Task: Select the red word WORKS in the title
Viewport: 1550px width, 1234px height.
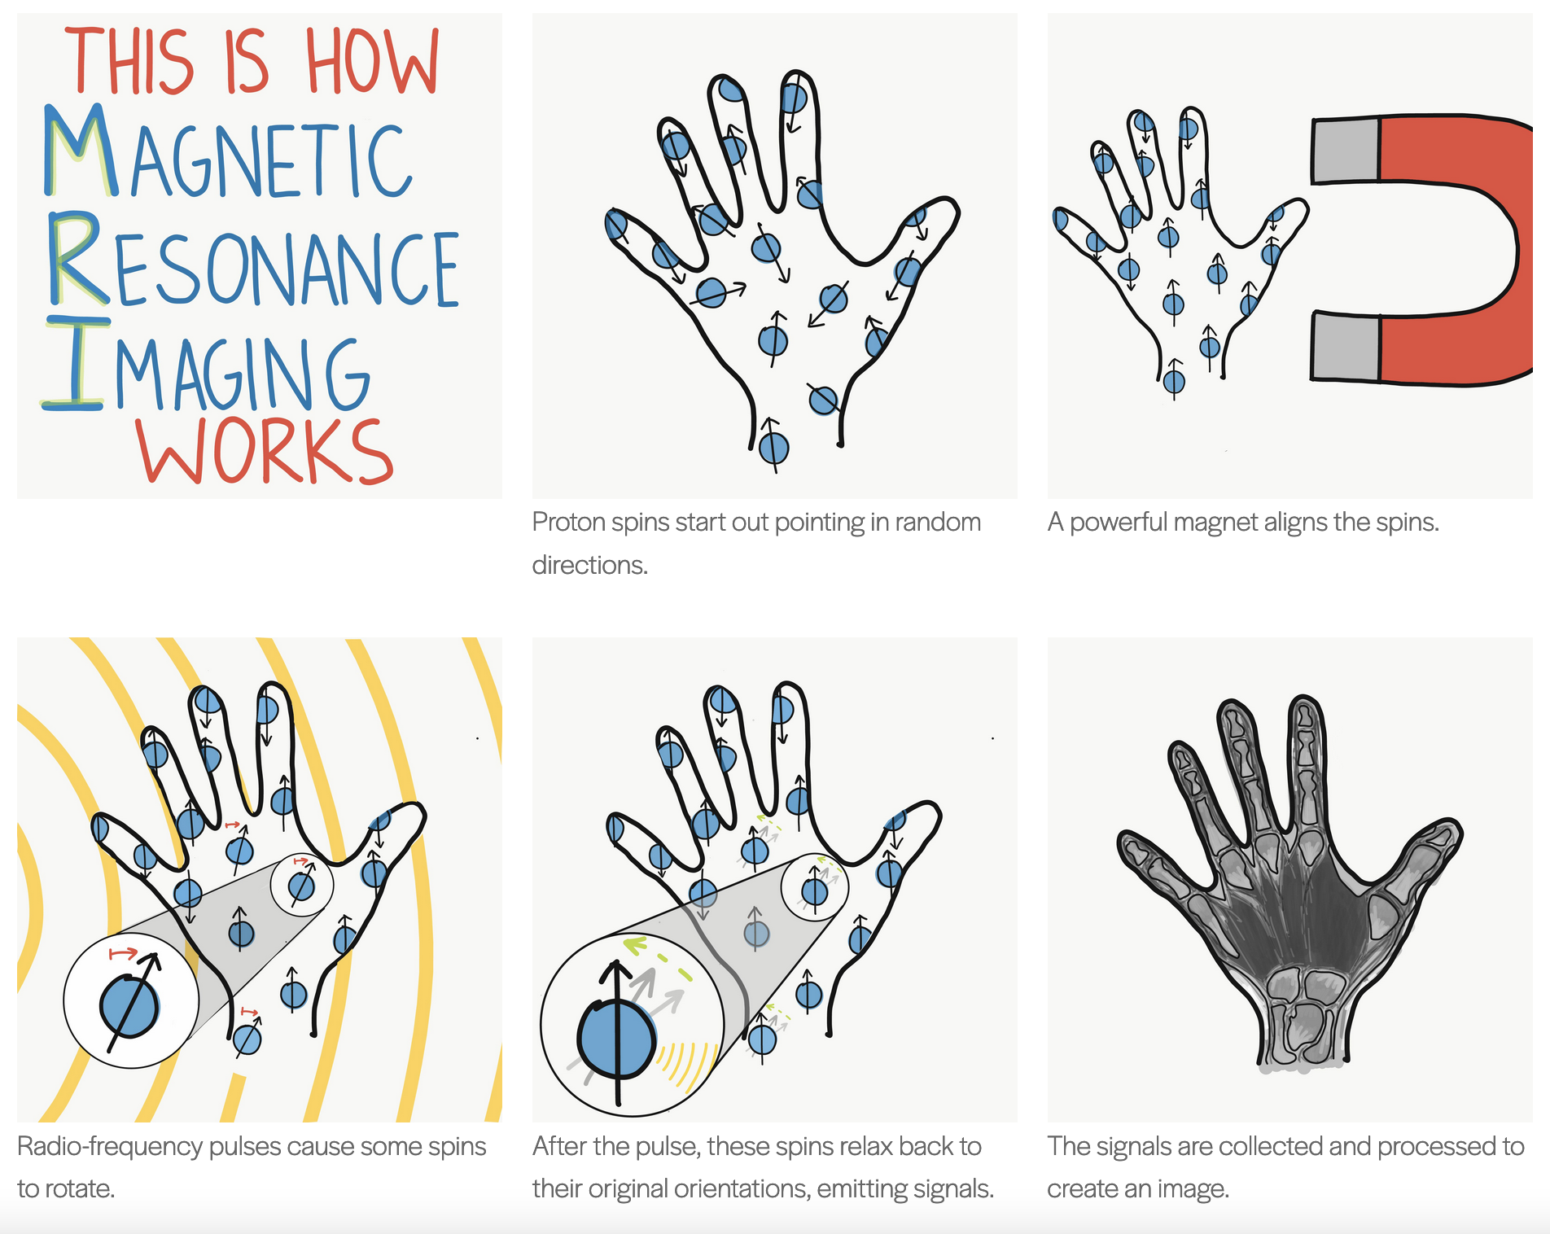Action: [x=265, y=452]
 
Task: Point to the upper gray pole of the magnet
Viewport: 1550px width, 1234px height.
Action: [x=1345, y=151]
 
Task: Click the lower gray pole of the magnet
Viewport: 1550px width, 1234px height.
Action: [x=1345, y=348]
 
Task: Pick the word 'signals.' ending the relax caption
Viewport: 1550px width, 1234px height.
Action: [x=953, y=1188]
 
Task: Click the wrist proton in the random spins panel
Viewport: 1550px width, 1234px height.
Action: [x=773, y=448]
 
